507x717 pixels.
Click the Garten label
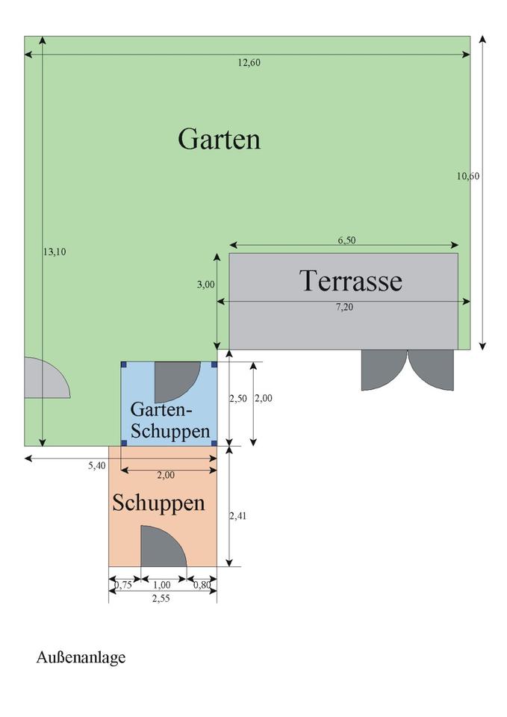coord(219,139)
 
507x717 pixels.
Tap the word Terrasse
coord(350,281)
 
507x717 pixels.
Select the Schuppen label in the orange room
coord(158,503)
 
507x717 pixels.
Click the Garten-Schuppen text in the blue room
coord(169,420)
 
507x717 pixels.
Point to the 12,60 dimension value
coord(249,63)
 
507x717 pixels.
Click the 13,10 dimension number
coord(55,252)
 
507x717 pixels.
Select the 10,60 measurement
coord(467,176)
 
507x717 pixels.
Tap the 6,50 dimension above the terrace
coord(346,240)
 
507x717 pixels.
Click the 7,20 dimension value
coord(344,307)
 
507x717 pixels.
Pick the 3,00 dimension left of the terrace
coord(206,285)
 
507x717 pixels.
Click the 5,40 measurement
coord(96,465)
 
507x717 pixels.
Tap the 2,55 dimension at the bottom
coord(161,597)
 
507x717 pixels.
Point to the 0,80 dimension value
coord(202,585)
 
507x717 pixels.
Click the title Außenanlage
coord(81,657)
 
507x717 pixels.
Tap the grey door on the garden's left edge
coord(43,379)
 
